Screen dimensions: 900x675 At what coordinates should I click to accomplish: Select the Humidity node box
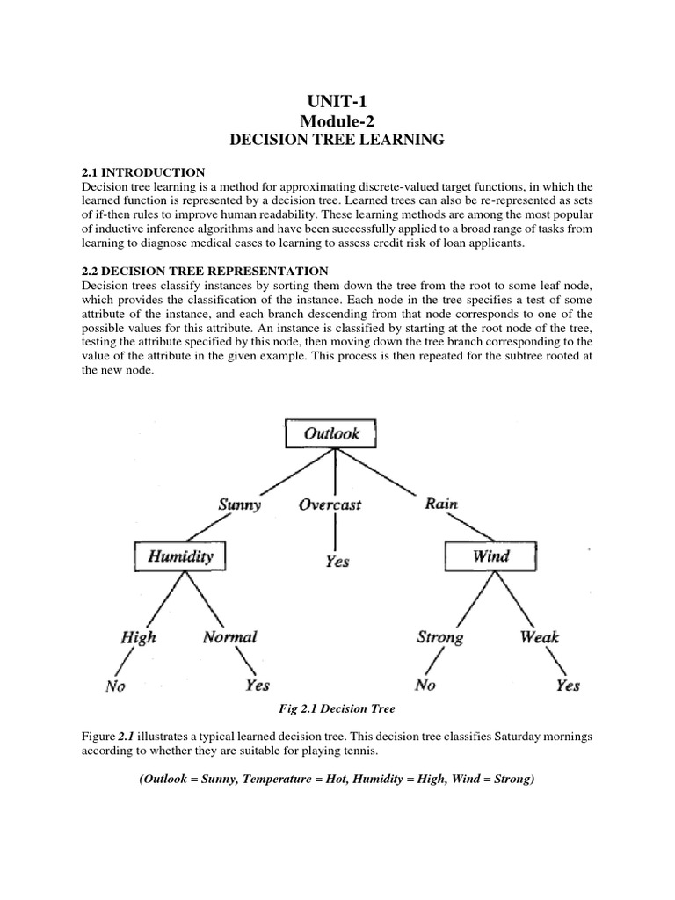coord(179,555)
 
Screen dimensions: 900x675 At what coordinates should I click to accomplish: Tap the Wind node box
coord(490,555)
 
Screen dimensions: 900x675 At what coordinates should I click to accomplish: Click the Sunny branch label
coord(239,504)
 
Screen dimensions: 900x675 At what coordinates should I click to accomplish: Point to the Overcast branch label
coord(330,504)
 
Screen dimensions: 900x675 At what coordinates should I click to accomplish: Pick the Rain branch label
coord(440,504)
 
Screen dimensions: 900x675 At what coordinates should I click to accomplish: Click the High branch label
coord(137,637)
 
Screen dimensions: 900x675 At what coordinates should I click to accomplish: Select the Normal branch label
coord(229,637)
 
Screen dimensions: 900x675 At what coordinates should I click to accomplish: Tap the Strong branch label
coord(439,637)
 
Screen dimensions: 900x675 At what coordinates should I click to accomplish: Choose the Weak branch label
coord(540,637)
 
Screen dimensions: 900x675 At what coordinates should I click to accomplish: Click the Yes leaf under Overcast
coord(337,562)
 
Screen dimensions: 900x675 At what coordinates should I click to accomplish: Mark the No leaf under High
coord(115,686)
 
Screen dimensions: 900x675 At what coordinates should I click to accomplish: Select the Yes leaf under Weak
coord(567,686)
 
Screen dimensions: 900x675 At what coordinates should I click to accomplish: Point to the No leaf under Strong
coord(425,686)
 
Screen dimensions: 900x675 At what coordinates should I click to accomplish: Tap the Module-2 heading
coord(337,120)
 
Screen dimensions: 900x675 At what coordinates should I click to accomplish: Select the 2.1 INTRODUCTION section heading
coord(142,172)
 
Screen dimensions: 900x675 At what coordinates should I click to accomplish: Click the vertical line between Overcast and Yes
coord(335,532)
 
